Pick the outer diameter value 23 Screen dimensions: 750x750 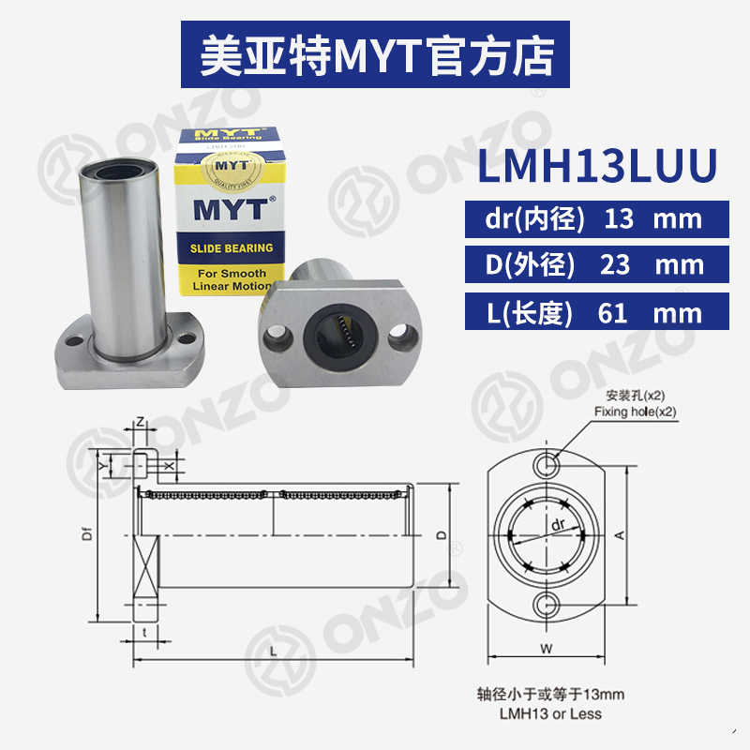[x=614, y=265]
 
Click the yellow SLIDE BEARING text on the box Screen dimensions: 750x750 [x=231, y=248]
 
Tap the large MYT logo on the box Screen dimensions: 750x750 [x=231, y=209]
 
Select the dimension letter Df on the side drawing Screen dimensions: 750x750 [x=87, y=537]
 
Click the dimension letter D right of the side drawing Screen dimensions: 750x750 [x=442, y=536]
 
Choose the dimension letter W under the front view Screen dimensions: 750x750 [x=547, y=648]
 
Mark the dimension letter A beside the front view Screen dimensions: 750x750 [x=620, y=534]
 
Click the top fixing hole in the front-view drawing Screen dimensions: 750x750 [x=547, y=464]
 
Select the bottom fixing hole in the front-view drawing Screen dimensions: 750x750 [x=547, y=603]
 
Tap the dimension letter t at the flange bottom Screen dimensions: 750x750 [x=143, y=632]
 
